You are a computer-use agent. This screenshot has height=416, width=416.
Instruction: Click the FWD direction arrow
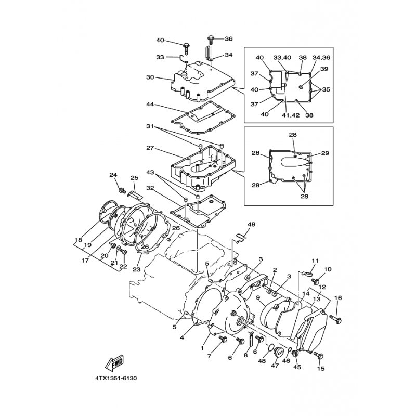[114, 362]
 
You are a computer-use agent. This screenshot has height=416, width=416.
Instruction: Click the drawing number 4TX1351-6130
[116, 378]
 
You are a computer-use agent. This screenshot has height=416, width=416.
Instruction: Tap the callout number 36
[228, 38]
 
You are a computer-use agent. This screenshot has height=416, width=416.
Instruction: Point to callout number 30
[150, 77]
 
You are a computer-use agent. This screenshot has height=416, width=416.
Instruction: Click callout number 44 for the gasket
[150, 105]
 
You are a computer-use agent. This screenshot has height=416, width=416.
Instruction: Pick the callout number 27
[150, 148]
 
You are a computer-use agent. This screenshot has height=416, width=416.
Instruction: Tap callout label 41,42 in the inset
[290, 115]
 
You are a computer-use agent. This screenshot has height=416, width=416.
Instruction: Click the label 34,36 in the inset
[321, 57]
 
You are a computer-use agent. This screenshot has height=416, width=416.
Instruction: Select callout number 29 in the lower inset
[325, 153]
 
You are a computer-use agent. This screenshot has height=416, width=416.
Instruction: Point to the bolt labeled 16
[335, 319]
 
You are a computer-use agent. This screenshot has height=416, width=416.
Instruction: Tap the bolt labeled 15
[319, 355]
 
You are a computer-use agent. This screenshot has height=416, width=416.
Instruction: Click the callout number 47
[275, 366]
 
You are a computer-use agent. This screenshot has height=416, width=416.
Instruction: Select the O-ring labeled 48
[270, 348]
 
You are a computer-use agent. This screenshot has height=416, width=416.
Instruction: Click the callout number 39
[324, 69]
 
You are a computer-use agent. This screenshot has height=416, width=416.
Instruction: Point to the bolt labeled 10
[315, 281]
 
